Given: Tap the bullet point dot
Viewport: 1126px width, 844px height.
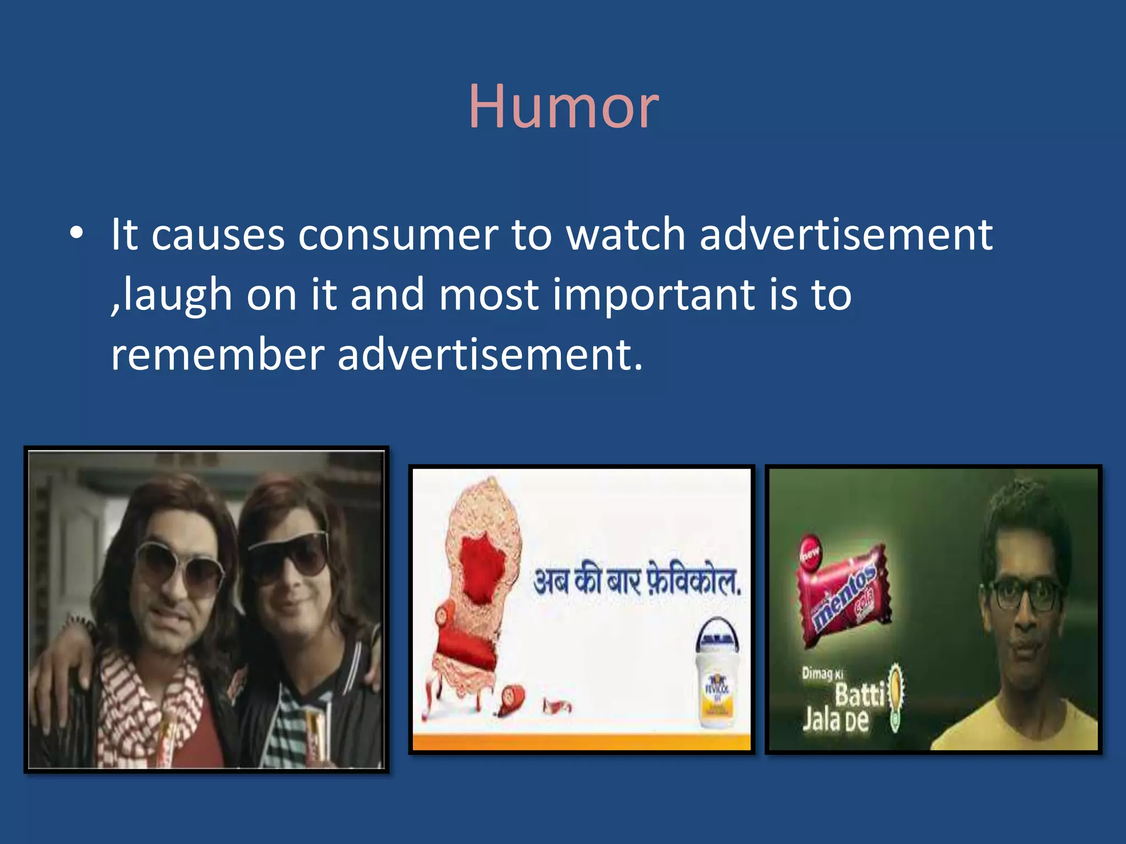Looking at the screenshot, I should pyautogui.click(x=76, y=234).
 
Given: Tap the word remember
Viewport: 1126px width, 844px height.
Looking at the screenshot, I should pyautogui.click(x=218, y=355).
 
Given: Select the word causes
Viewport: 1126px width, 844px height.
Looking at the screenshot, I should pyautogui.click(x=218, y=235).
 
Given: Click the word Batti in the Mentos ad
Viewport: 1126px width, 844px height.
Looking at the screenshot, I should pyautogui.click(x=859, y=695).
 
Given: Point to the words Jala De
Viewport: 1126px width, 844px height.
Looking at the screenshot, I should pyautogui.click(x=835, y=720).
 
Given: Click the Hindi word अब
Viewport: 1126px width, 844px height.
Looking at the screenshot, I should pyautogui.click(x=552, y=581).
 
